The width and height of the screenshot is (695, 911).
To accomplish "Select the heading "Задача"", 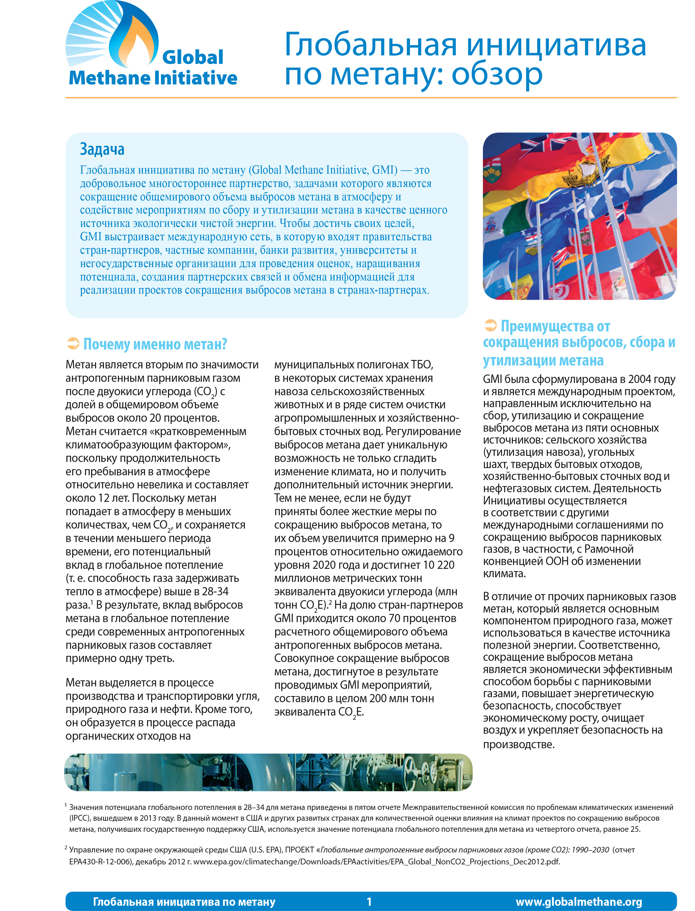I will pos(102,149).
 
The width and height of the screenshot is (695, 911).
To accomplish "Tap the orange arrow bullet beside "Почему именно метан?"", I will pos(73,343).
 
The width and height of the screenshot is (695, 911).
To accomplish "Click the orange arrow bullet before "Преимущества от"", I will pos(490,326).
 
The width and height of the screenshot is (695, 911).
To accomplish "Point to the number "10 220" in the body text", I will pos(437,565).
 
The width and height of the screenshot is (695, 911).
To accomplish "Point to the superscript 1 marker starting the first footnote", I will pos(66,805).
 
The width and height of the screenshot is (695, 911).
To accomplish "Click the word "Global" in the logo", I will pos(193,57).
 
